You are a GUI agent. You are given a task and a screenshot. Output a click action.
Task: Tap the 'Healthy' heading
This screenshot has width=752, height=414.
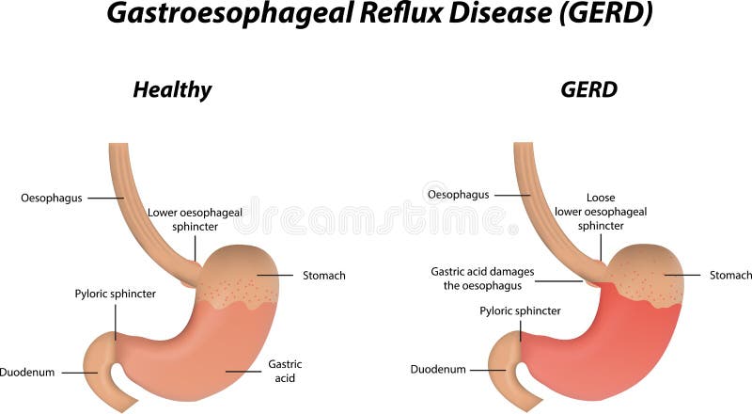pyautogui.click(x=172, y=90)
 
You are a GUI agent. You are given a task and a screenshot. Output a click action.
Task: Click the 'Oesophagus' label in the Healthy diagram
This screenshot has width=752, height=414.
pyautogui.click(x=51, y=199)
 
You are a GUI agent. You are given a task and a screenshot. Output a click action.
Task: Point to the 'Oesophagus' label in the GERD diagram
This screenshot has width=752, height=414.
pyautogui.click(x=458, y=195)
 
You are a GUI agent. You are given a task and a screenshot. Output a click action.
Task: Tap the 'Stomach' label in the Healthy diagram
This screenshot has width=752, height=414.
pyautogui.click(x=323, y=276)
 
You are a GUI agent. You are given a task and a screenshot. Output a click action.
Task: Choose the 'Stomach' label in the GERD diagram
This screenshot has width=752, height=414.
pyautogui.click(x=729, y=275)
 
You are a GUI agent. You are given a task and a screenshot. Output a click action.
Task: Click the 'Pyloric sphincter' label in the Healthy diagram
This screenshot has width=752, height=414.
pyautogui.click(x=116, y=294)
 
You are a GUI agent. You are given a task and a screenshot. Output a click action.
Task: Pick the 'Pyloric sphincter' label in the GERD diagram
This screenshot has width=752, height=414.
pyautogui.click(x=520, y=310)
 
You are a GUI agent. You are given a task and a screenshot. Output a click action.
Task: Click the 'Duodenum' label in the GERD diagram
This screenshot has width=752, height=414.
pyautogui.click(x=437, y=369)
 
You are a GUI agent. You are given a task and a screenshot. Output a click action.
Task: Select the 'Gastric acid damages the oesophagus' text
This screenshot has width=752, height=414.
pyautogui.click(x=482, y=279)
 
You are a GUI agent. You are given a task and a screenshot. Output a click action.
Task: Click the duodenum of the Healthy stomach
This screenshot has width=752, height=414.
pyautogui.click(x=99, y=362)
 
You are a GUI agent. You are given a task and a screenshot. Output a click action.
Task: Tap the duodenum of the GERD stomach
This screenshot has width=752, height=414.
pyautogui.click(x=503, y=362)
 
